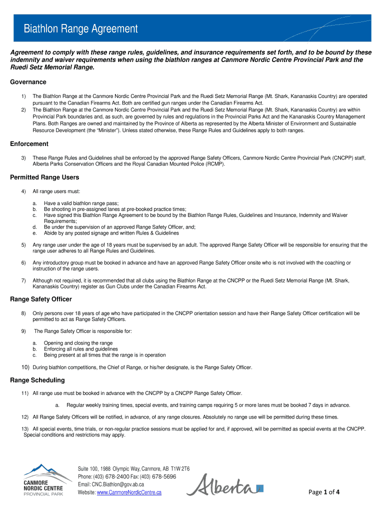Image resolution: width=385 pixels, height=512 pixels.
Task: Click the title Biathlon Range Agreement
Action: (81, 29)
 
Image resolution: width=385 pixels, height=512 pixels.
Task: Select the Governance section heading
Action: (28, 82)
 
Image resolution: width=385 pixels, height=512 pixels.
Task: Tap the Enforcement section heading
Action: (29, 144)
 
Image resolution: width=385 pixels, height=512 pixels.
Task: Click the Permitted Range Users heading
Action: (44, 177)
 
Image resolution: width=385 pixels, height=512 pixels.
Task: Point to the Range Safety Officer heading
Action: (41, 299)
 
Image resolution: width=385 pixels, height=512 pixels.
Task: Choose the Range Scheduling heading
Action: (37, 380)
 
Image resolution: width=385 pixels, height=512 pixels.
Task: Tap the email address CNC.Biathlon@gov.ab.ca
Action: (118, 484)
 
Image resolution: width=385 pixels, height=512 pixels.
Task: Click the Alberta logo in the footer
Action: (227, 486)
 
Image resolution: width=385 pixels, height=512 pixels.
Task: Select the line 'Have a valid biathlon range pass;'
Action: (81, 203)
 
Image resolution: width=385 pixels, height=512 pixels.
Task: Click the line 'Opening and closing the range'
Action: (78, 343)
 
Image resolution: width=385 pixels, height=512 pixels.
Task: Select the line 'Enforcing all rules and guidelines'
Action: (81, 349)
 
